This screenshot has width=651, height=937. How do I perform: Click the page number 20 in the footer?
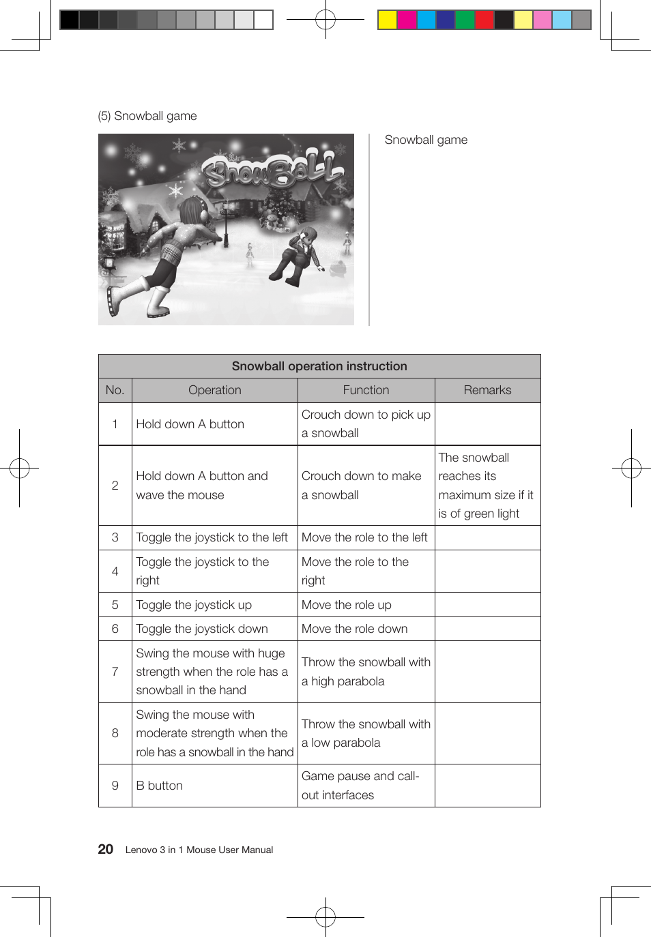[105, 849]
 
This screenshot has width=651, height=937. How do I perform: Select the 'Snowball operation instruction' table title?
[319, 366]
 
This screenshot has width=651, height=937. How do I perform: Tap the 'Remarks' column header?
[487, 390]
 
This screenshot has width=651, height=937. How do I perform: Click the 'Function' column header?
[366, 390]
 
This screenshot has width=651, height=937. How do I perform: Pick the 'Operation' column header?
[214, 390]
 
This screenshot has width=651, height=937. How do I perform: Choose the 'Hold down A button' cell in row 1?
[190, 424]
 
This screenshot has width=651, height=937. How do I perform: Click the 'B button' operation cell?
[160, 786]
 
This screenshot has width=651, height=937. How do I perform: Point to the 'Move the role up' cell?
[347, 605]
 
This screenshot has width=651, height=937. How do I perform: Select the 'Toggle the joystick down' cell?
[202, 629]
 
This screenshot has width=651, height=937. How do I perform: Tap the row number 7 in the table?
[115, 672]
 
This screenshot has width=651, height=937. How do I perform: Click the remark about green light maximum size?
[486, 486]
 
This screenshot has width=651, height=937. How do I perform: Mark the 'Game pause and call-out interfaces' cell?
[360, 786]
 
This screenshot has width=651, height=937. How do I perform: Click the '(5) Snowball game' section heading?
[147, 116]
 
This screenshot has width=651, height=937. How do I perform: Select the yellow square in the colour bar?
[388, 20]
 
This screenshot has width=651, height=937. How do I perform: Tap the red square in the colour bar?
[484, 20]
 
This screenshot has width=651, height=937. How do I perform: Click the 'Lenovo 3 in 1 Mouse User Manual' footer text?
[199, 850]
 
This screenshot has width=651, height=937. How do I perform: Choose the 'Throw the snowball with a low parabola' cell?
[366, 733]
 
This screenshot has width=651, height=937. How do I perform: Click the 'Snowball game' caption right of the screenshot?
[426, 140]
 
